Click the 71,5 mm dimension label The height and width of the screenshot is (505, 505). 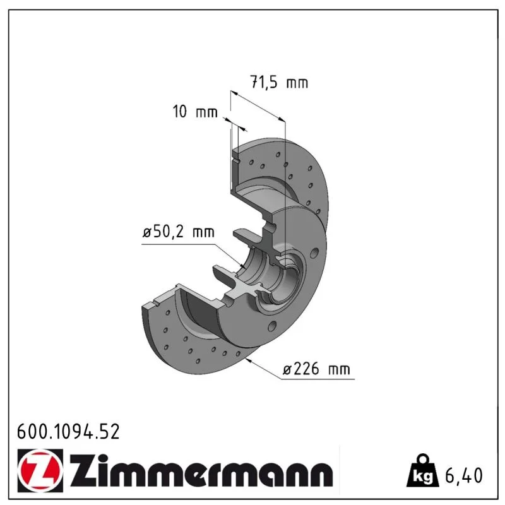click(x=279, y=82)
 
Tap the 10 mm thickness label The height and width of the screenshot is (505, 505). click(x=195, y=112)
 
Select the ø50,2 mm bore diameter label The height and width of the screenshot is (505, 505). click(x=179, y=232)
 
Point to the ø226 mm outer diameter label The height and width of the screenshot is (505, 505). click(x=316, y=369)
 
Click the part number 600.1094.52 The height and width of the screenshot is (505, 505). click(x=68, y=432)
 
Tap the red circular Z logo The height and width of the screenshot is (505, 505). click(x=40, y=470)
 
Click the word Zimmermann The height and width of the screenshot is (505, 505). click(x=201, y=471)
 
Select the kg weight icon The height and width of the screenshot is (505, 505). click(x=422, y=470)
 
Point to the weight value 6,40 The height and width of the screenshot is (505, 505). click(x=464, y=475)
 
